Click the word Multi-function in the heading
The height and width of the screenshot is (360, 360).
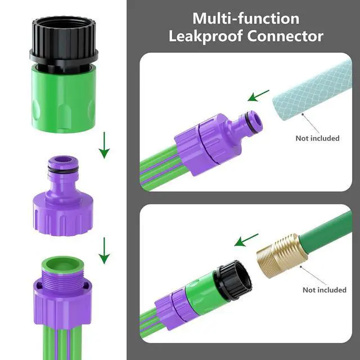tap(246, 19)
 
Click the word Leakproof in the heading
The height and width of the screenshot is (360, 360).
tap(206, 36)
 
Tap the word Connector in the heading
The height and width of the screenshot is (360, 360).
tap(285, 36)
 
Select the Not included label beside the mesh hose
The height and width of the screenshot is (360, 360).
tap(317, 138)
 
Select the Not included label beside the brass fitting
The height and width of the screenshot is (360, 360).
tap(325, 290)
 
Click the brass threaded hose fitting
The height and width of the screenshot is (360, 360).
tap(282, 255)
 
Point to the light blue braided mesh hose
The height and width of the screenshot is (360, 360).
tap(313, 92)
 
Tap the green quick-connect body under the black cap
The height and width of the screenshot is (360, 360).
tap(64, 99)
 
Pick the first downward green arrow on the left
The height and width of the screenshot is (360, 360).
tap(104, 145)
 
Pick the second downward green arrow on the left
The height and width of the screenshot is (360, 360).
tap(104, 250)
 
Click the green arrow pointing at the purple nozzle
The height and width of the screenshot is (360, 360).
tap(258, 96)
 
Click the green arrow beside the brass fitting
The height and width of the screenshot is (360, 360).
tap(246, 240)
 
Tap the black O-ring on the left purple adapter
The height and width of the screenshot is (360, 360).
tap(64, 169)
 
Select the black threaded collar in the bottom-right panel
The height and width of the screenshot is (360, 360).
tap(232, 281)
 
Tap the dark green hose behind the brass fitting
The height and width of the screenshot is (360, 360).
tap(326, 229)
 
